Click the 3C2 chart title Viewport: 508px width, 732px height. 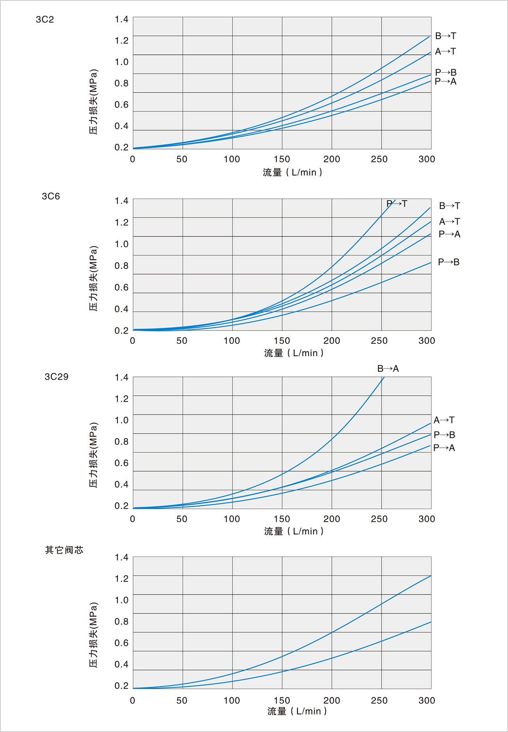click(x=45, y=20)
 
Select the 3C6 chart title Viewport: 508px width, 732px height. click(x=51, y=196)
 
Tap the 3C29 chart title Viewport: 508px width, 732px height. click(x=56, y=377)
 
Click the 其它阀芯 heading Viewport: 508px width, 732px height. click(x=64, y=550)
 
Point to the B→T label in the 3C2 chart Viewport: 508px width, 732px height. click(x=445, y=36)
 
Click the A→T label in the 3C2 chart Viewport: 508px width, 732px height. click(x=445, y=52)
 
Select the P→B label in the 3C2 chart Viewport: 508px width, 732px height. click(x=445, y=72)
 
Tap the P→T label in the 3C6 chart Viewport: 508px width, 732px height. click(x=397, y=204)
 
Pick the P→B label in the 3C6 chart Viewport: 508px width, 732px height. click(x=449, y=262)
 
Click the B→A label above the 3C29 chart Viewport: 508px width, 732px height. click(x=388, y=369)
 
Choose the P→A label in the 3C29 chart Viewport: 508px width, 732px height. click(x=444, y=448)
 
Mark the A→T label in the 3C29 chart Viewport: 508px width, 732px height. click(x=444, y=420)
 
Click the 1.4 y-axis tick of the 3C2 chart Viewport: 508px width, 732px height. click(x=121, y=20)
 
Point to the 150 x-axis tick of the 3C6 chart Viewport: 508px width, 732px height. click(x=282, y=341)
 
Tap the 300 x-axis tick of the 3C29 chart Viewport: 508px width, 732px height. click(x=427, y=519)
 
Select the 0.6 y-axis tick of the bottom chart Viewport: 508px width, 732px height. click(x=121, y=643)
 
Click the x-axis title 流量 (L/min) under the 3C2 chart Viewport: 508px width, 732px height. click(x=292, y=172)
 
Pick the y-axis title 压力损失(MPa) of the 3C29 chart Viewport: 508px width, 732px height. click(x=93, y=455)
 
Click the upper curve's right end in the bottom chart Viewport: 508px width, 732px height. click(x=430, y=576)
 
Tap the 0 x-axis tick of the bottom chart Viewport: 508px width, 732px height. click(x=132, y=700)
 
